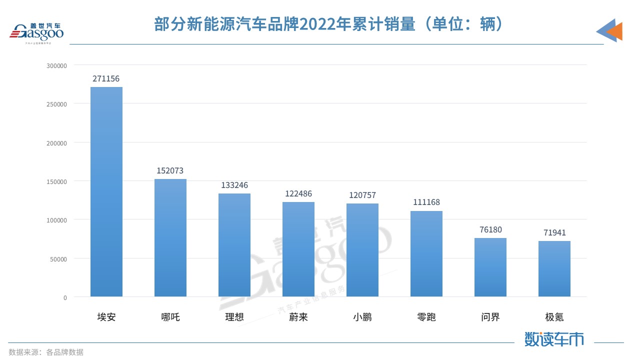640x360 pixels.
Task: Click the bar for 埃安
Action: click(x=106, y=192)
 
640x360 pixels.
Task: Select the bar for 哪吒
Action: click(x=170, y=238)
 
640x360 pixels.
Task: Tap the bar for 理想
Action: click(x=234, y=245)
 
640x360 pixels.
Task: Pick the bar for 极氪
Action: click(x=554, y=269)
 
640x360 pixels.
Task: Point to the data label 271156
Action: click(x=106, y=79)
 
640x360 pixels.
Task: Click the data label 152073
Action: click(x=170, y=171)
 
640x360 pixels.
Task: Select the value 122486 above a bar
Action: click(x=298, y=194)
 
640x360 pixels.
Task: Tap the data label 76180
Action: click(x=490, y=229)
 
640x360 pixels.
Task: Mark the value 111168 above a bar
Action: click(x=426, y=202)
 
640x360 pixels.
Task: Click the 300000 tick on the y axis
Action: click(x=56, y=65)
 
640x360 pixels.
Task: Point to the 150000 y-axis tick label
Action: click(x=56, y=181)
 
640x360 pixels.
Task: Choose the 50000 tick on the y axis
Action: click(x=58, y=259)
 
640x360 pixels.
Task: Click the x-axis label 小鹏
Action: click(x=362, y=317)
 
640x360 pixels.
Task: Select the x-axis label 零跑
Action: click(x=426, y=317)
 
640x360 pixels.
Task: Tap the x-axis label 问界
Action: click(x=490, y=317)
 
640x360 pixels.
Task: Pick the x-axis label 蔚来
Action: click(x=298, y=317)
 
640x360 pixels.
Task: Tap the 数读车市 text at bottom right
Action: click(x=554, y=339)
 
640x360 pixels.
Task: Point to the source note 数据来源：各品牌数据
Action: click(x=46, y=352)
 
